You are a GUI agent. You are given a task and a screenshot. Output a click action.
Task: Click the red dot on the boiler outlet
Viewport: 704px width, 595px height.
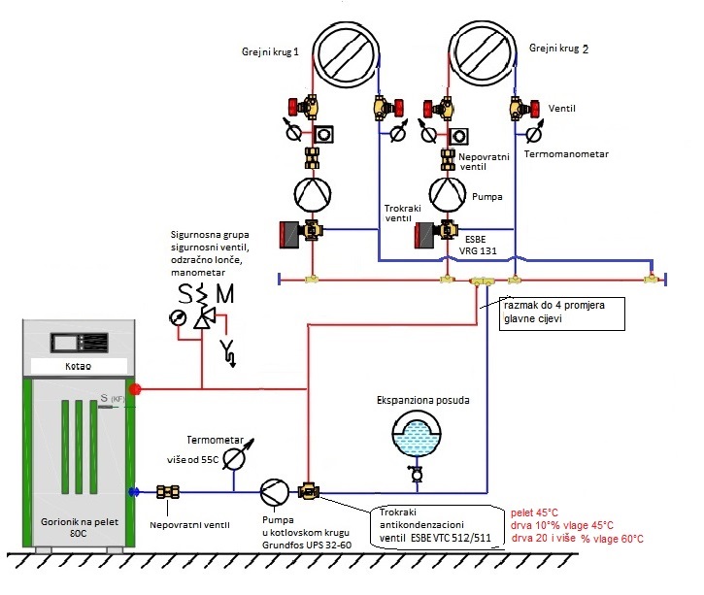click(x=137, y=389)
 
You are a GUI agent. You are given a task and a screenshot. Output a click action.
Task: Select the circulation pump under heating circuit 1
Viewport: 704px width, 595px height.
click(x=313, y=193)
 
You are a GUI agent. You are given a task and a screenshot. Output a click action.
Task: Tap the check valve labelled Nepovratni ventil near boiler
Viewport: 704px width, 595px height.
click(x=171, y=491)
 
